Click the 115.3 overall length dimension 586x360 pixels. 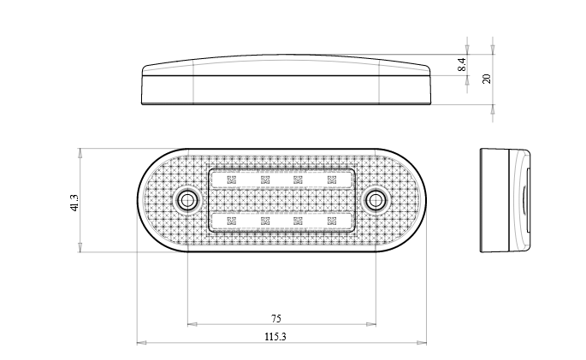coord(275,337)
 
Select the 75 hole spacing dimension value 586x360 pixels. coord(275,318)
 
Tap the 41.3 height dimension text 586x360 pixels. coord(74,203)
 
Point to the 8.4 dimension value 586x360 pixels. coord(462,63)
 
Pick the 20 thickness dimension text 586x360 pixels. coord(487,78)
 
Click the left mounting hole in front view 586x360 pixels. coord(186,201)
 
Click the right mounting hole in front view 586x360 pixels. coord(375,201)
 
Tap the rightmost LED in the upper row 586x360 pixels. coord(331,180)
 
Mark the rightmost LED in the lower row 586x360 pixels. coord(331,221)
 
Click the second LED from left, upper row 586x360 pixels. coord(265,180)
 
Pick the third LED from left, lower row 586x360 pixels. coord(298,221)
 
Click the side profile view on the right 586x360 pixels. coord(505,202)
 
